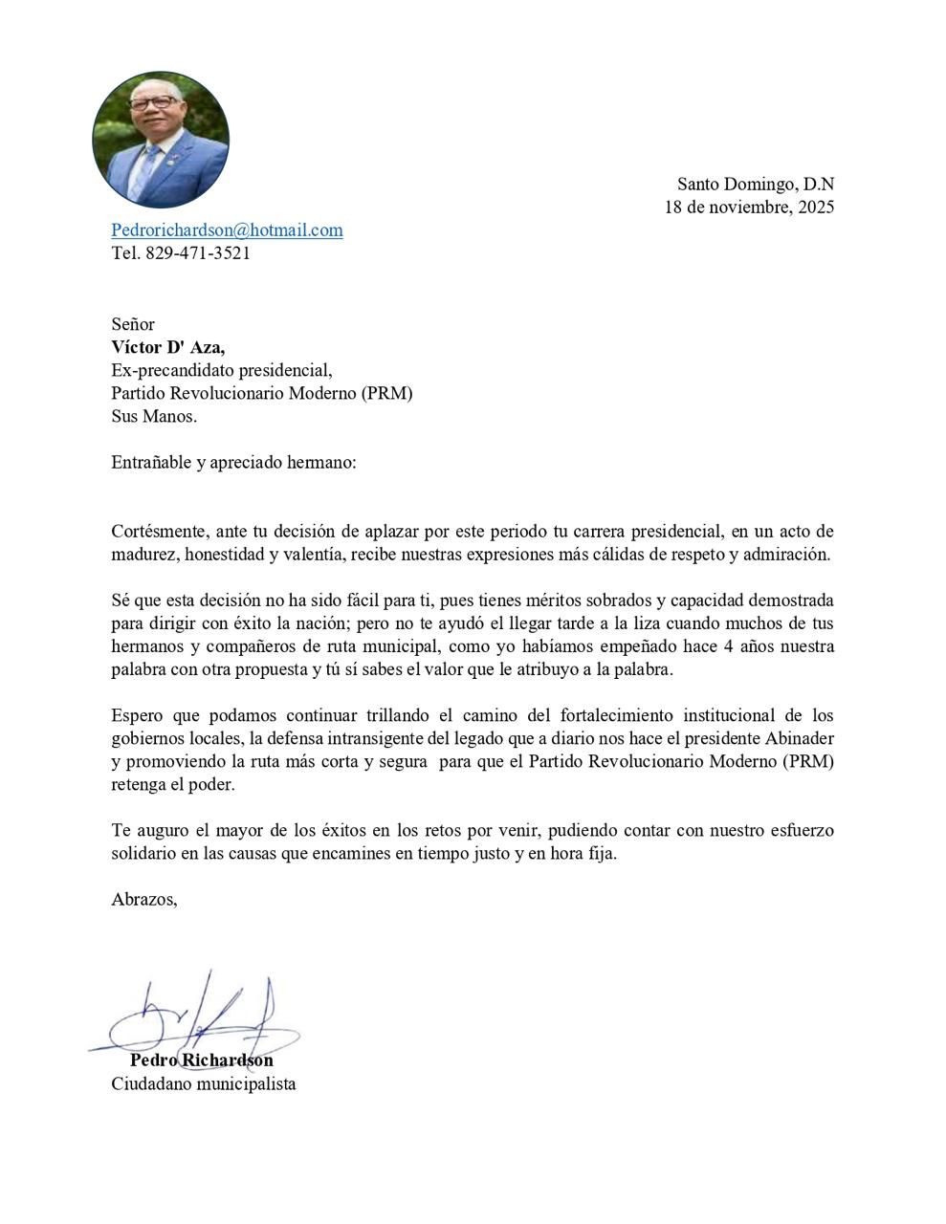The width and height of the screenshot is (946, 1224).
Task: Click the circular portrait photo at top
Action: click(161, 139)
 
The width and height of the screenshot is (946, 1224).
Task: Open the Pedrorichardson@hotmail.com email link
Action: click(227, 230)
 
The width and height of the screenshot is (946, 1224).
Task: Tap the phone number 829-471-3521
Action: click(198, 253)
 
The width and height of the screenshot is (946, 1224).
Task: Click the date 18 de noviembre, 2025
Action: click(749, 207)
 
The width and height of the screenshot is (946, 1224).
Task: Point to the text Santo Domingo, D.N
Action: click(755, 184)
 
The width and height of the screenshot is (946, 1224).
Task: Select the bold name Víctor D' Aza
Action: click(168, 347)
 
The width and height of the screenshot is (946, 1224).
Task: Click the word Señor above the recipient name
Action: click(132, 324)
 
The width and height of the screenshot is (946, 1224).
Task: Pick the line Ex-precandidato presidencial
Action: click(222, 370)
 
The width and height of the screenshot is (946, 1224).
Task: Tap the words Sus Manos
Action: click(154, 416)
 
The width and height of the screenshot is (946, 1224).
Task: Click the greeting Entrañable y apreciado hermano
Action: click(233, 462)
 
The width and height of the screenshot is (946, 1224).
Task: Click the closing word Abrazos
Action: click(144, 899)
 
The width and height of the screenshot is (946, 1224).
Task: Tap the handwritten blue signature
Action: click(201, 1018)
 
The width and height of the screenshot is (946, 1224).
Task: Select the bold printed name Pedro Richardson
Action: click(202, 1060)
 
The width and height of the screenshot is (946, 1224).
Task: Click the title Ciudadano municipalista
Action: click(203, 1084)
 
